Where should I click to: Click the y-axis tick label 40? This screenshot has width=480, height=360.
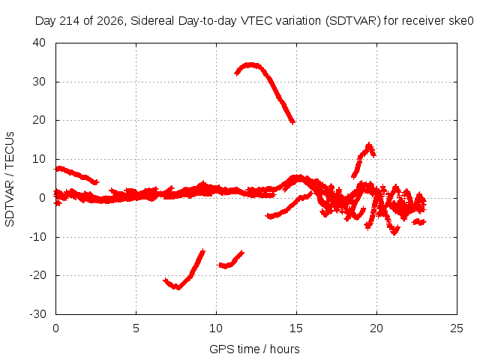(39, 43)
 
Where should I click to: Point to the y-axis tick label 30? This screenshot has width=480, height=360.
(39, 82)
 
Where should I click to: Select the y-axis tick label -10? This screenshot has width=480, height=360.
(37, 237)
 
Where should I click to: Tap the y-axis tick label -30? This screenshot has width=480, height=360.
(37, 314)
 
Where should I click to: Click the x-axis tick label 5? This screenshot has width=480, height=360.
(136, 328)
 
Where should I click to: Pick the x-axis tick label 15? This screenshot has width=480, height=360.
(296, 328)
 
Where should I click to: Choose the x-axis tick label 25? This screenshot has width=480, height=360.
(457, 328)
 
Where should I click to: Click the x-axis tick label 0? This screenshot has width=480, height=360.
(55, 328)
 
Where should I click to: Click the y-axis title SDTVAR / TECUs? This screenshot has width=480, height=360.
(10, 179)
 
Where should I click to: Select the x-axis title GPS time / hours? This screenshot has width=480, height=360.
(254, 349)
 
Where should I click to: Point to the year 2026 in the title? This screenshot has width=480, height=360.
(110, 21)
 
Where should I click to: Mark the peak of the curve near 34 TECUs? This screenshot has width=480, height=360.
(251, 65)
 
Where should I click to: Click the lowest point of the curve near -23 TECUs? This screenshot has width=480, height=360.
(177, 287)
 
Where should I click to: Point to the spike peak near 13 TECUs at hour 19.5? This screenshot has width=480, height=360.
(369, 145)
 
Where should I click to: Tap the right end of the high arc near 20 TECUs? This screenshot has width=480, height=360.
(293, 122)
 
